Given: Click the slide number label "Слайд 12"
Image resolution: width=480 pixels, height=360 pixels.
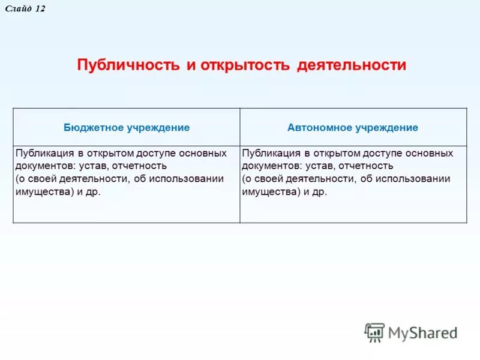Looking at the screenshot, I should coord(25,9).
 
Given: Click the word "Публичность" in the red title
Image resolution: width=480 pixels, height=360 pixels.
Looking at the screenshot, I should coord(128,65).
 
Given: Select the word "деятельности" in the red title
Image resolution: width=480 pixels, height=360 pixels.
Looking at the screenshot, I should coord(351,65).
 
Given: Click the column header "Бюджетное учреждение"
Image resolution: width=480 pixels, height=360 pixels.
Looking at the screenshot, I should coord(127,128).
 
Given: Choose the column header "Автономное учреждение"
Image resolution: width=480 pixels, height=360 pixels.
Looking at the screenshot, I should coord(353,128).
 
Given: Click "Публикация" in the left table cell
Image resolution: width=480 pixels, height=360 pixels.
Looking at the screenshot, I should coord(42,153).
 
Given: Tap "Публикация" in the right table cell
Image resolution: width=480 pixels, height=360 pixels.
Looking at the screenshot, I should coord(269,153).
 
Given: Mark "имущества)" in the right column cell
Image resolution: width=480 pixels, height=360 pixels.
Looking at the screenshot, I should coord(266,192).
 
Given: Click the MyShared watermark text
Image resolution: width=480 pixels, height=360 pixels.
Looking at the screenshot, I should coord(422,332).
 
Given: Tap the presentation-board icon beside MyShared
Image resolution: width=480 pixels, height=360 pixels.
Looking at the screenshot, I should coord(374,332).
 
